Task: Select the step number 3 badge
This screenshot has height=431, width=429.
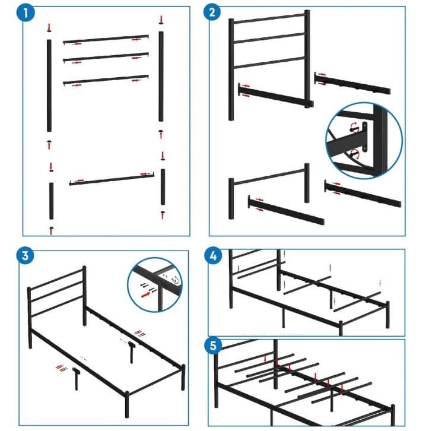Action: (24, 256)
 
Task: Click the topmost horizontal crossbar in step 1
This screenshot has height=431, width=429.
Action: (106, 39)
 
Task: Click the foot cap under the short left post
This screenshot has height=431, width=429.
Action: (52, 228)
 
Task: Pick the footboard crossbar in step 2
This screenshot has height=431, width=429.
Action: (269, 176)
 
